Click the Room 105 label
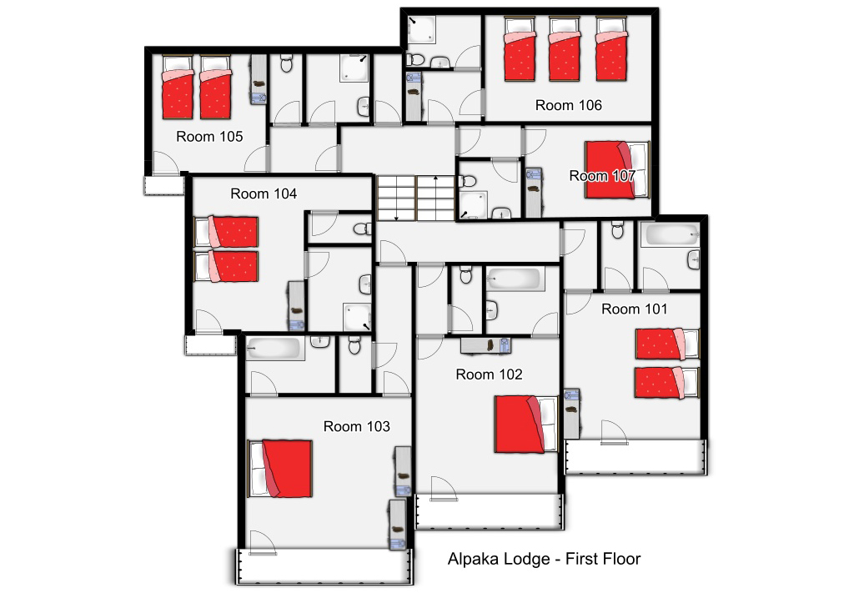click(x=209, y=137)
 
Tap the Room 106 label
click(x=569, y=105)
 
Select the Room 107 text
click(x=602, y=176)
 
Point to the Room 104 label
click(x=264, y=193)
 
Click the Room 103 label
click(x=357, y=426)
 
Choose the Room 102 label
click(x=489, y=374)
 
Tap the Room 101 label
click(x=635, y=309)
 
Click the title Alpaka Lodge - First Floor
click(x=544, y=560)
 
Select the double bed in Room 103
click(x=280, y=469)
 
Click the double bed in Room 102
click(x=526, y=425)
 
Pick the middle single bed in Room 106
click(x=565, y=49)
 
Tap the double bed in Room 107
click(x=617, y=170)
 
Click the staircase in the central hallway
click(x=416, y=198)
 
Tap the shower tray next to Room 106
click(x=421, y=29)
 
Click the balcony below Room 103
click(x=324, y=566)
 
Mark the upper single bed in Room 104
click(x=226, y=232)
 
